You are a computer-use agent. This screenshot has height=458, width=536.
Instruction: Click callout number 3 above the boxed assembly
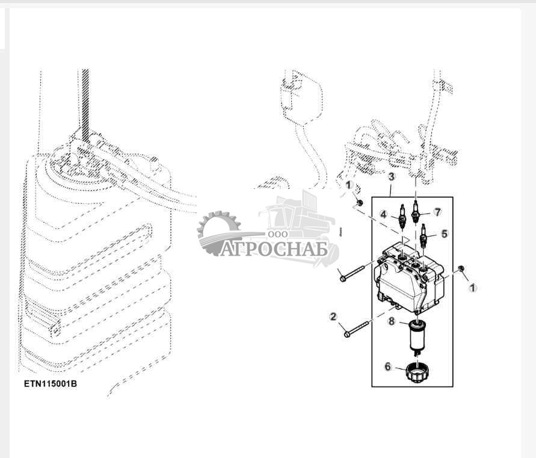point(392,177)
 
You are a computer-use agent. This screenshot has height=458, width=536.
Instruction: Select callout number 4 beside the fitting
point(384,215)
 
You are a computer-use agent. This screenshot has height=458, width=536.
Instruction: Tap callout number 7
point(438,212)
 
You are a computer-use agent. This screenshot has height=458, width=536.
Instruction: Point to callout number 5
point(444,234)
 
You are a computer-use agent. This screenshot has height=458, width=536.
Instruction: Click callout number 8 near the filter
point(392,321)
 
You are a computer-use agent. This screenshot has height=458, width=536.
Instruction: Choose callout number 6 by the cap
point(387,367)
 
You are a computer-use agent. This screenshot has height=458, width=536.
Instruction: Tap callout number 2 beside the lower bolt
point(333,317)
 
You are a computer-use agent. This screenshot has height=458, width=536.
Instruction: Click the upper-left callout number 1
point(349,185)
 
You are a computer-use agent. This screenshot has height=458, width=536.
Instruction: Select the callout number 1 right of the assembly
point(473,288)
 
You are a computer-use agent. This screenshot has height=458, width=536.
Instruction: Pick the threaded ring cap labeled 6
point(417,373)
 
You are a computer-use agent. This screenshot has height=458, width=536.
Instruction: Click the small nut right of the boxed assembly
point(460,268)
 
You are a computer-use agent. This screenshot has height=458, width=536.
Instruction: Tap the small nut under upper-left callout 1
point(359,203)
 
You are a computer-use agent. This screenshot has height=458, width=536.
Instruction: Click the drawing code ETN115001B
point(51,384)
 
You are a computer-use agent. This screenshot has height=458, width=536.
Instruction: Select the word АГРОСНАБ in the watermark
point(274,249)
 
